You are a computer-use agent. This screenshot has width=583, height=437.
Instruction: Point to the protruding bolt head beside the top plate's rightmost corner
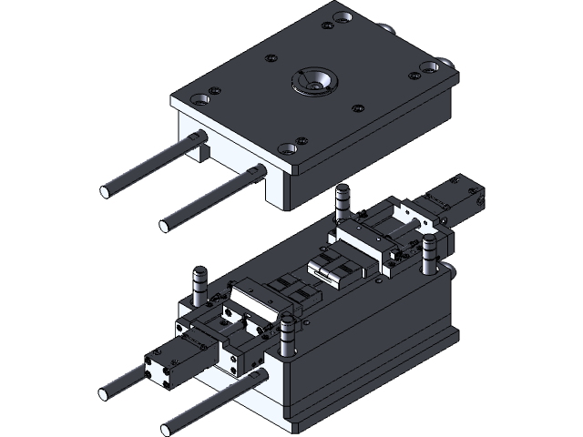(x=446, y=63)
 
